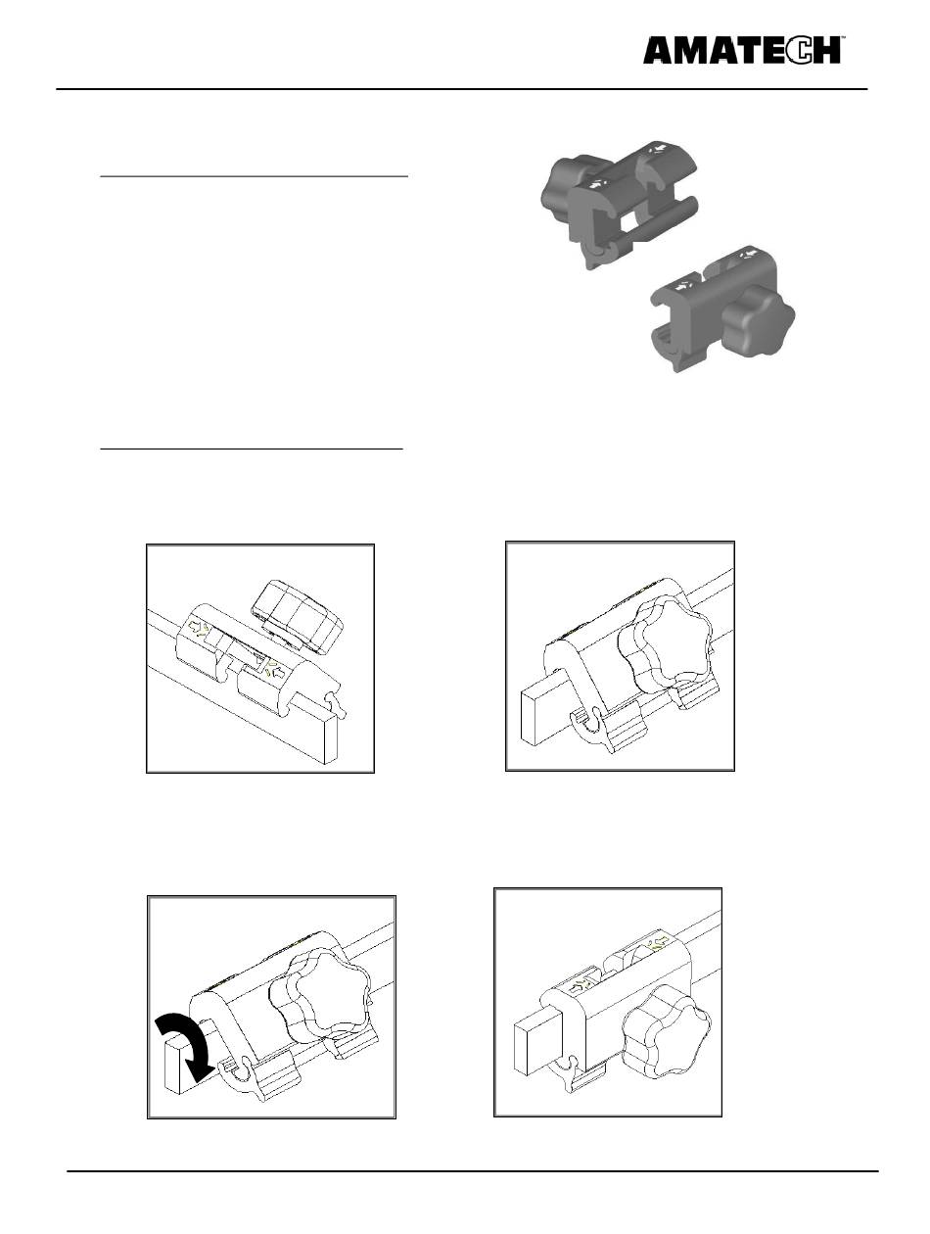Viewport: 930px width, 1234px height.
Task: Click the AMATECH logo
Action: point(742,51)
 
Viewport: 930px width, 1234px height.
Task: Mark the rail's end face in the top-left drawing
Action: point(331,737)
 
